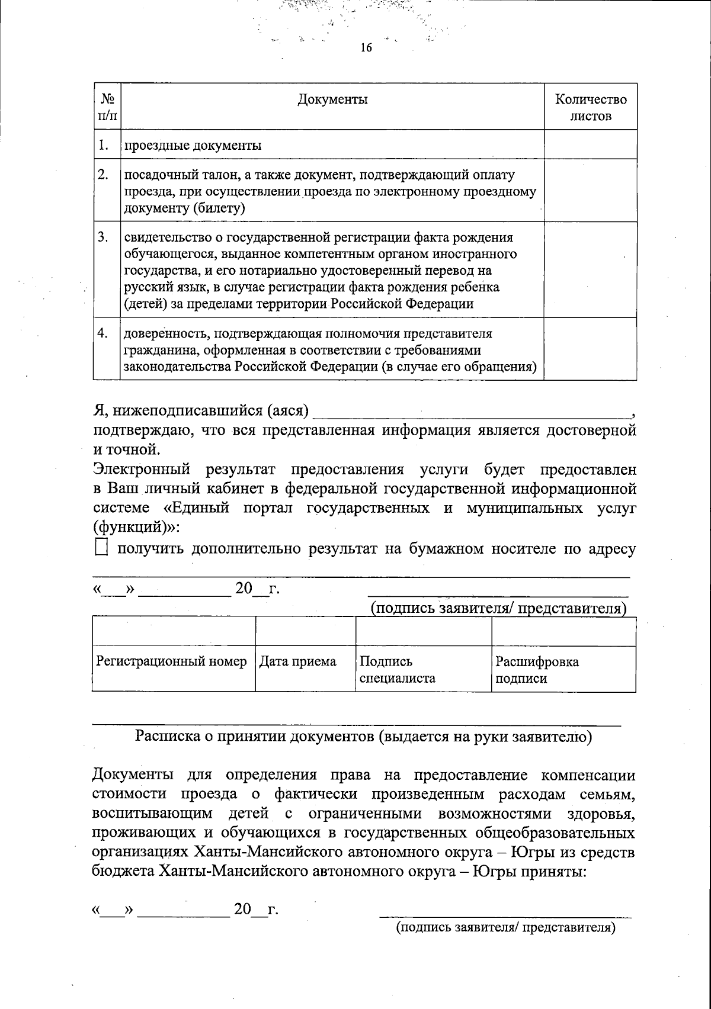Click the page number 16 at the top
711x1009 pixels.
tap(366, 48)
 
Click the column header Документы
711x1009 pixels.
tap(332, 99)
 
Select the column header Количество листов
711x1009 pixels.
tap(590, 107)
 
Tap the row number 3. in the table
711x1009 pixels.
tap(103, 237)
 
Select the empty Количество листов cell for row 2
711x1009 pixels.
tap(590, 191)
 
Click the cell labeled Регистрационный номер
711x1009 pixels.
tap(172, 661)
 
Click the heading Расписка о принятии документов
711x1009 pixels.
tap(364, 737)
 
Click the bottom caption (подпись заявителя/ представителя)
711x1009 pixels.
tap(506, 927)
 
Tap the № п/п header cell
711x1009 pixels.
tap(107, 107)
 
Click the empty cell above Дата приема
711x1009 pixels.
tap(305, 631)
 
